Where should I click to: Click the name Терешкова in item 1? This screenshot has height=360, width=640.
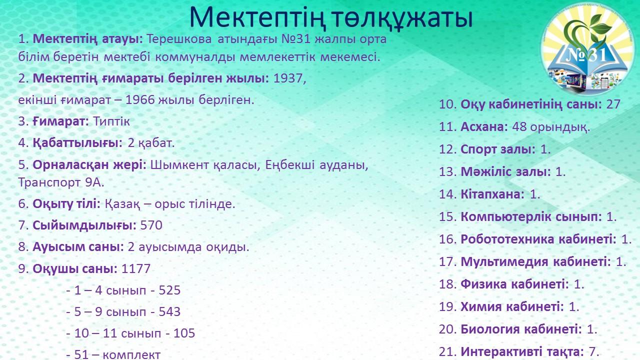click(x=179, y=39)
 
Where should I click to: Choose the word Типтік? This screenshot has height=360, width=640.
click(x=111, y=121)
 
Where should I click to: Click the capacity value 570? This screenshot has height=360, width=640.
click(x=151, y=225)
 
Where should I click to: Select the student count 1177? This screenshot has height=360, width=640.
click(x=136, y=268)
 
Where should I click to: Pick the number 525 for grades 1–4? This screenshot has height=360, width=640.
click(x=169, y=290)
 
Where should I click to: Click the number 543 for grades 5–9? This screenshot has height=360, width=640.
click(x=169, y=311)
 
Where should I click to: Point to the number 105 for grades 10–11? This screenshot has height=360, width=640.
click(x=184, y=333)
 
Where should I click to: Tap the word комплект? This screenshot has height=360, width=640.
click(x=131, y=355)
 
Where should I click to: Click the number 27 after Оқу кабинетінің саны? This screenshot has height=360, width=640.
click(x=613, y=104)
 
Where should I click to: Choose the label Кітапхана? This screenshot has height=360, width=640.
click(x=492, y=194)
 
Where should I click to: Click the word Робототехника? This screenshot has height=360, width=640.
click(x=507, y=239)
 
